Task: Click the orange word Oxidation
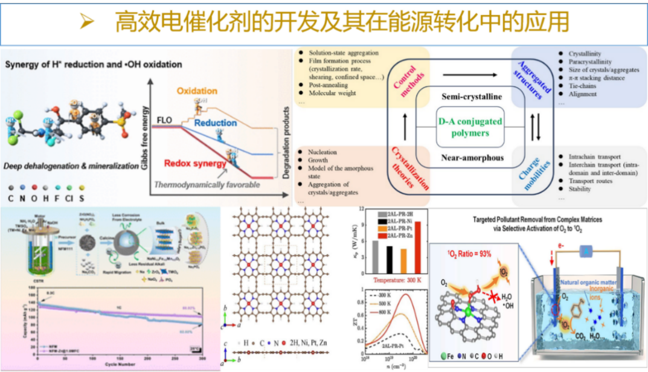click(197, 91)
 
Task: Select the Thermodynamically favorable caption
click(207, 185)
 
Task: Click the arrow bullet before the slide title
click(88, 23)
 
